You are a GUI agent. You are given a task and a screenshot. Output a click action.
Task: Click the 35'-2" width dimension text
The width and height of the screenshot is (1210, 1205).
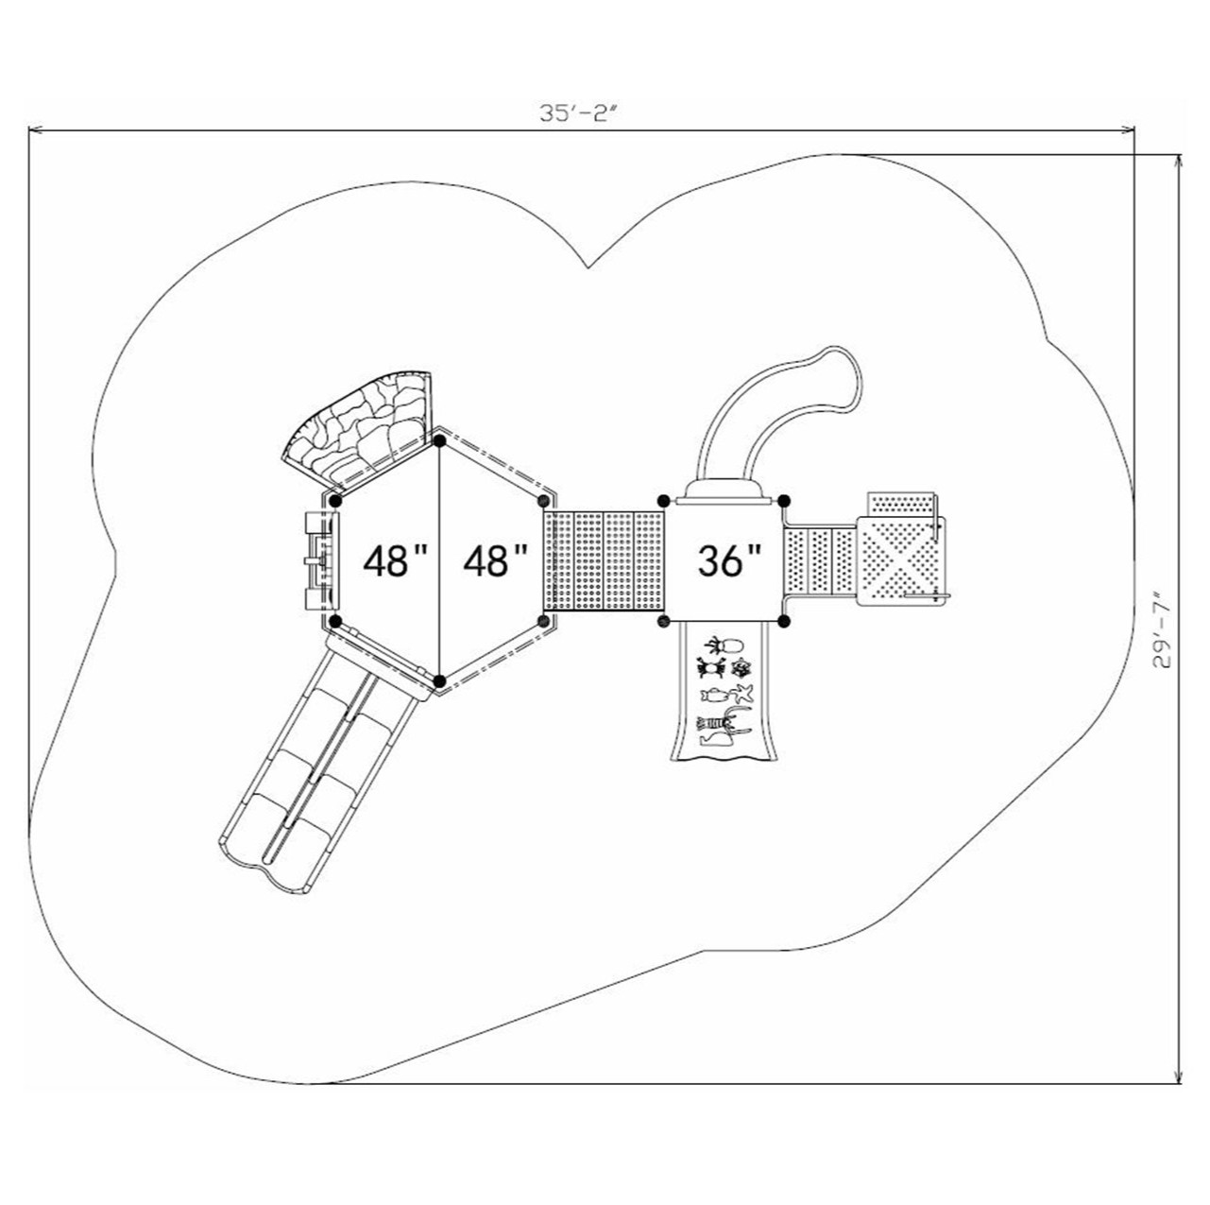pyautogui.click(x=577, y=112)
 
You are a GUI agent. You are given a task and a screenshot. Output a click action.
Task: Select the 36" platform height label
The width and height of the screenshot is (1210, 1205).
pyautogui.click(x=729, y=560)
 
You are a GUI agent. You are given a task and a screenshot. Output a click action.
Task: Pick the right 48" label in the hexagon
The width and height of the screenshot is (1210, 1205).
pyautogui.click(x=495, y=561)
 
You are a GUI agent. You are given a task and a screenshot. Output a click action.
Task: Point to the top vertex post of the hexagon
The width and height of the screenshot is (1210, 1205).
pyautogui.click(x=439, y=440)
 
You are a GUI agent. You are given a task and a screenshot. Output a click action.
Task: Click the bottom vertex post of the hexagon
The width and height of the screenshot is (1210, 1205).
pyautogui.click(x=439, y=680)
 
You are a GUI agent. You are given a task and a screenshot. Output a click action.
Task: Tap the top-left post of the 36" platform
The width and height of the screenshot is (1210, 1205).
pyautogui.click(x=663, y=500)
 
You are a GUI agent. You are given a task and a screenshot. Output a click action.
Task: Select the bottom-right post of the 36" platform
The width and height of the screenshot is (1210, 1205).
pyautogui.click(x=783, y=621)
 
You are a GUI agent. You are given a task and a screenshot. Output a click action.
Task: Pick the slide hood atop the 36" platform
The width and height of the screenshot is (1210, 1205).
pyautogui.click(x=724, y=490)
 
